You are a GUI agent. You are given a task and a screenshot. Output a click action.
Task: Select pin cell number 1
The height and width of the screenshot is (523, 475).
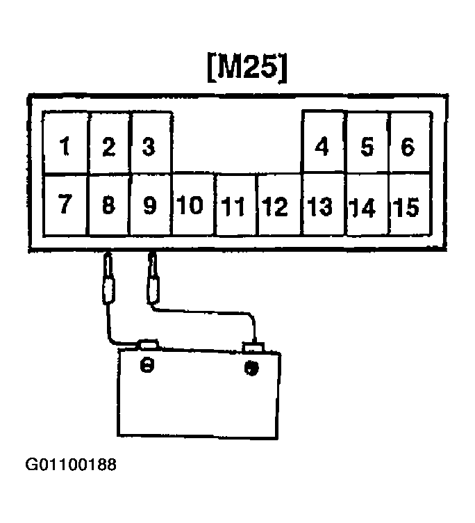click(x=65, y=147)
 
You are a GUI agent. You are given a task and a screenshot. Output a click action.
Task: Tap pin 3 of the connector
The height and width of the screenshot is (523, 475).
click(x=149, y=147)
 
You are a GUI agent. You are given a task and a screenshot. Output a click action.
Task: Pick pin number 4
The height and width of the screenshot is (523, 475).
click(x=322, y=147)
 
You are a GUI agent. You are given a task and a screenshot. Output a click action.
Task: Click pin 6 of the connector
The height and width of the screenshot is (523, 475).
click(x=408, y=147)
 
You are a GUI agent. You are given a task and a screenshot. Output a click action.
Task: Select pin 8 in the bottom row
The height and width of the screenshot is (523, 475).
click(x=108, y=206)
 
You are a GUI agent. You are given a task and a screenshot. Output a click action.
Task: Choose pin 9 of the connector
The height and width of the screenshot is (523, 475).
click(x=149, y=206)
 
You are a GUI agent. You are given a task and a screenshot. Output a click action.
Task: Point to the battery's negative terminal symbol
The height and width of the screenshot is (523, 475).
click(x=147, y=365)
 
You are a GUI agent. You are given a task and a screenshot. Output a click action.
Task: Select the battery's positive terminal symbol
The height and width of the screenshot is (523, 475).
click(x=251, y=366)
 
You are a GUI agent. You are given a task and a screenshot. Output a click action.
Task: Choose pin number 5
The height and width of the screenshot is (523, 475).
click(x=367, y=147)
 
